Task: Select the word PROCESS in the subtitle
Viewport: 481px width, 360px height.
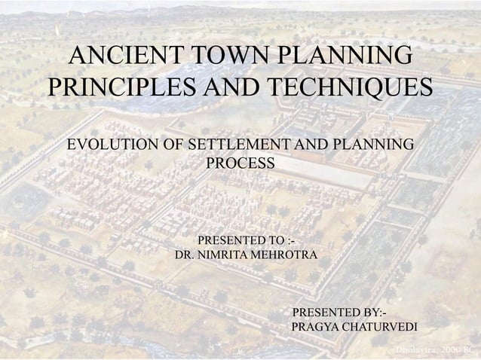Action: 240,163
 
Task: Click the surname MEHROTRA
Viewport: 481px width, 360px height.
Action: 287,256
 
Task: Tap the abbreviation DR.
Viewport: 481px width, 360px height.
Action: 184,256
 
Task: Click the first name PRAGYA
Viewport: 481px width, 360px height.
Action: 315,328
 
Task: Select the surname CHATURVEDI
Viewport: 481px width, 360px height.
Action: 381,328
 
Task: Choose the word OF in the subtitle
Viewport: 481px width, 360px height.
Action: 173,144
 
